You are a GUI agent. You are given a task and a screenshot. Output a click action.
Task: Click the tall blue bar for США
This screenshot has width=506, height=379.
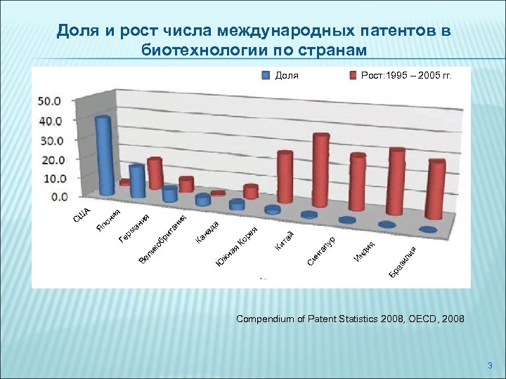click(x=105, y=156)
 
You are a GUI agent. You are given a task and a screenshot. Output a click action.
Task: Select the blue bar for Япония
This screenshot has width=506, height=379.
click(x=137, y=181)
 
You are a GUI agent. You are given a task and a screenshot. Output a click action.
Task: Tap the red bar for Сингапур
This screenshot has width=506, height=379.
click(x=320, y=172)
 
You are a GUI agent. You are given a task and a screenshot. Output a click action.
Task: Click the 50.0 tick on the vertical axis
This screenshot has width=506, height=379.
click(x=49, y=101)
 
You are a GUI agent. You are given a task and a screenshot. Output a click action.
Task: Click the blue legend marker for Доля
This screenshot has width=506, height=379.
click(x=266, y=75)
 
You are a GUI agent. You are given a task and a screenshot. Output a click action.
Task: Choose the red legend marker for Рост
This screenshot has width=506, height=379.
click(x=353, y=75)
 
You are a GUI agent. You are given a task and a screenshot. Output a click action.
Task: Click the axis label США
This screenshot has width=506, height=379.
click(x=82, y=215)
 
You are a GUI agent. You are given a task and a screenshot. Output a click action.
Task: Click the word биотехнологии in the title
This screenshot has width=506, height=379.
click(x=210, y=50)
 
